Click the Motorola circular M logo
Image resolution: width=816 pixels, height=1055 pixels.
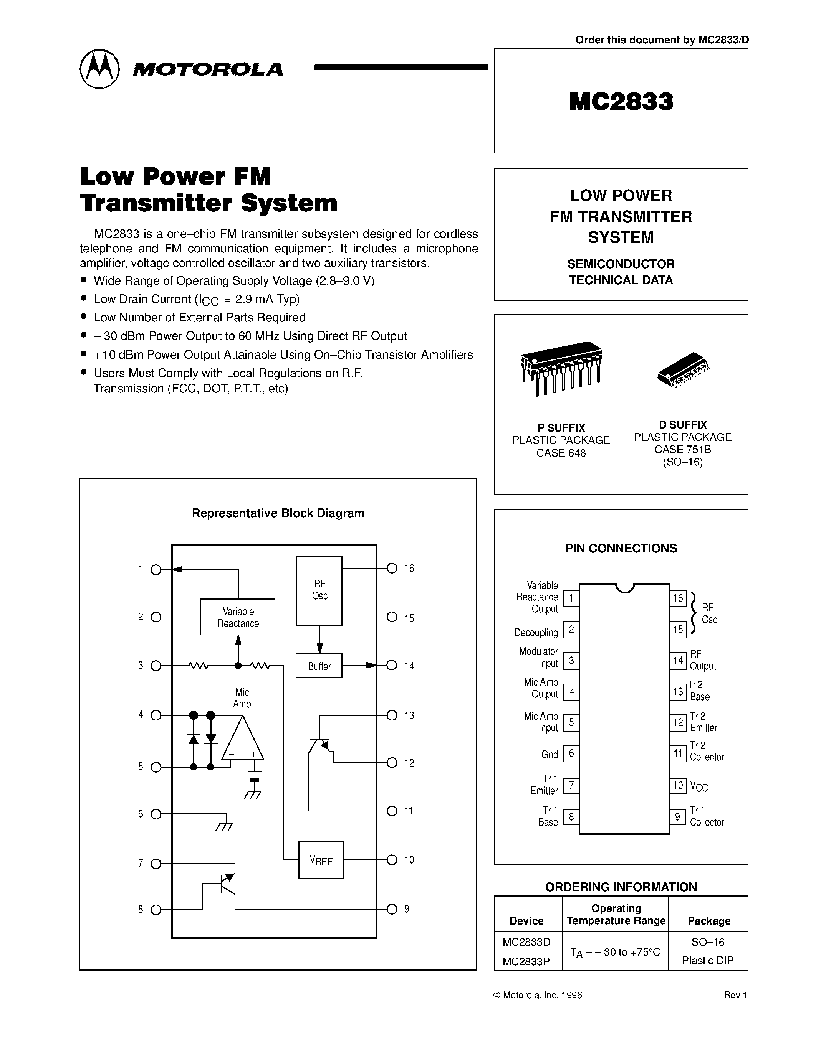click(99, 69)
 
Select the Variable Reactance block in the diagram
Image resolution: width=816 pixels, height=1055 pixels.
click(238, 617)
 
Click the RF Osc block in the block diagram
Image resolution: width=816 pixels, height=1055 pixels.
click(319, 590)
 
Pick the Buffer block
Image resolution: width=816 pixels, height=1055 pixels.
click(319, 666)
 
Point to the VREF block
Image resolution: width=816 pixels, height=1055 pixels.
click(321, 860)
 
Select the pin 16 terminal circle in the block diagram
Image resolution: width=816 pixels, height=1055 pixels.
click(392, 568)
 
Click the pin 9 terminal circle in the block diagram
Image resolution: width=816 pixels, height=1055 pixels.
click(392, 909)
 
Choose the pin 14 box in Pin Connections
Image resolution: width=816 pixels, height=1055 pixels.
click(678, 660)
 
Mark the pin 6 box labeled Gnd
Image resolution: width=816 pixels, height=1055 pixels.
click(571, 753)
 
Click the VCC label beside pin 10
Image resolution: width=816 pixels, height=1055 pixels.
click(698, 786)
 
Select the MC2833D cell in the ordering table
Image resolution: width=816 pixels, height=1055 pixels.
click(526, 941)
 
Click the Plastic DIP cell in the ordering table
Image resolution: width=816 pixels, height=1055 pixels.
click(708, 960)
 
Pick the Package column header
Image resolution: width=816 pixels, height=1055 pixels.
click(709, 921)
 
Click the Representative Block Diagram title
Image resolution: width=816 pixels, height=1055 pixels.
click(278, 513)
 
